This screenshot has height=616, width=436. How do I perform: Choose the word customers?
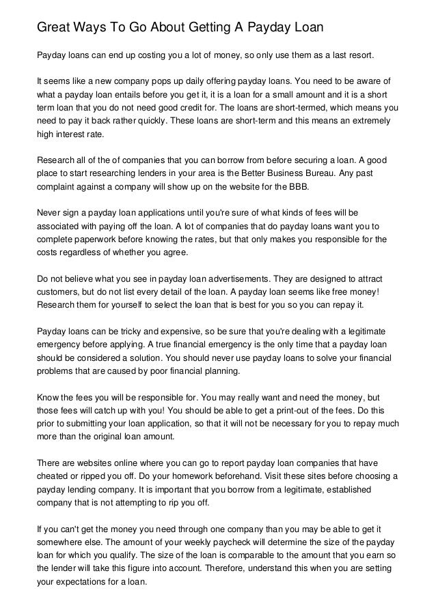(x=57, y=293)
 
